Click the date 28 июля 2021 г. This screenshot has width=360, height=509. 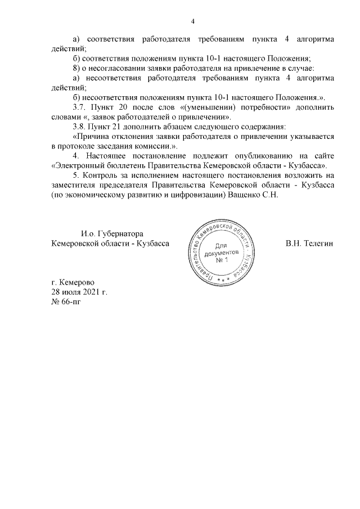[x=79, y=293]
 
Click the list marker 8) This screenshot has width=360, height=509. [x=78, y=68]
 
